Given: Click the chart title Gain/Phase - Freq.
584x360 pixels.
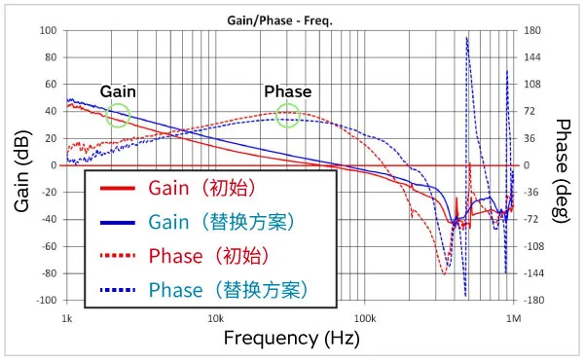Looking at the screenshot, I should [290, 19].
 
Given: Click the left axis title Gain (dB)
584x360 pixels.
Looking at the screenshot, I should [22, 165].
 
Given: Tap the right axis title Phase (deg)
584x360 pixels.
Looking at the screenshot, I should [564, 165].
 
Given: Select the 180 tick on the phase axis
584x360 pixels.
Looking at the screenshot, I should [531, 30].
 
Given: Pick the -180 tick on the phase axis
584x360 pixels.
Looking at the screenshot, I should [533, 301].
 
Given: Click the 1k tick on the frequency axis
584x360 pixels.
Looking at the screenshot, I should [67, 318].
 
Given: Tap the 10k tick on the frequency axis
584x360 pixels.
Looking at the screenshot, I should [215, 318].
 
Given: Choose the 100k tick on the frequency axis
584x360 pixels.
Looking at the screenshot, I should [364, 318].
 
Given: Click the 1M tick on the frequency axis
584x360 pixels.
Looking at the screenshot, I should [513, 318].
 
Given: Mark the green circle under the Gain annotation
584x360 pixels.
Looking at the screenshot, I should [118, 116].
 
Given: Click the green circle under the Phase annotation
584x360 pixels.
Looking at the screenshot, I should [287, 116].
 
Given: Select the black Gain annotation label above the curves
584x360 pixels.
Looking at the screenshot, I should [118, 91].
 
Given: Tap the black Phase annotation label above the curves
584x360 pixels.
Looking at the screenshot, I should [288, 91].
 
